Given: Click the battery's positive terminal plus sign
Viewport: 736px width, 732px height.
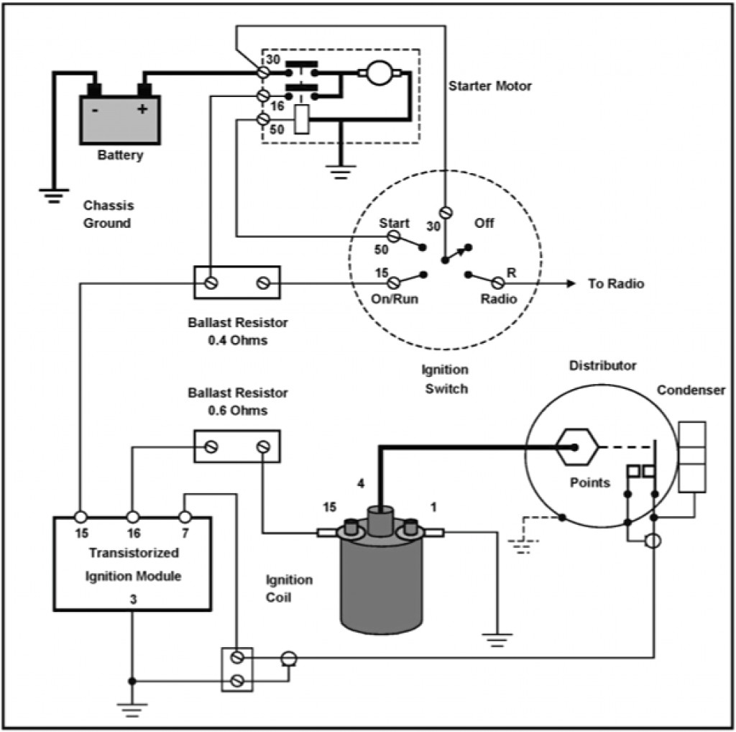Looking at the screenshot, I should click(x=142, y=109).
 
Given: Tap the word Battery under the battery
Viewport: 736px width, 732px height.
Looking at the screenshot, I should click(x=120, y=155).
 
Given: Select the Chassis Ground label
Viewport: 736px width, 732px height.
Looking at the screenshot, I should click(x=108, y=214).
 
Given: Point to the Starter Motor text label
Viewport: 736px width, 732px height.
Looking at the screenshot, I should click(x=490, y=86).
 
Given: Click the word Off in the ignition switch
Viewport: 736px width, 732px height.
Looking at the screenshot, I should click(x=484, y=224).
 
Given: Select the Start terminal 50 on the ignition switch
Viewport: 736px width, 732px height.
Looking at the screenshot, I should click(x=394, y=236).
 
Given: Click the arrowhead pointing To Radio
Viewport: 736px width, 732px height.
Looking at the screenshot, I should click(x=571, y=283).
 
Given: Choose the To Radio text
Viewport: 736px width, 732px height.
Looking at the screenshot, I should click(x=616, y=283).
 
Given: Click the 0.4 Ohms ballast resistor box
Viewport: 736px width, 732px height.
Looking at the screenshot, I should click(x=237, y=283).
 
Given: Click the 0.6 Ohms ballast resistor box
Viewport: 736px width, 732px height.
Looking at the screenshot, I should click(x=237, y=447).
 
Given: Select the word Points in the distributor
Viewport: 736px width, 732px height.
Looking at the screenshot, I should click(x=590, y=482).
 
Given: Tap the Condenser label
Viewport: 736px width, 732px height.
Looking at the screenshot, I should click(x=691, y=390).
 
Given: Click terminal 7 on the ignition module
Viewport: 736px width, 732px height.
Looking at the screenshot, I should click(x=185, y=517).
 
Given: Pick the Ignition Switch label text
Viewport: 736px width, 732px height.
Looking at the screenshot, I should click(x=445, y=380).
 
